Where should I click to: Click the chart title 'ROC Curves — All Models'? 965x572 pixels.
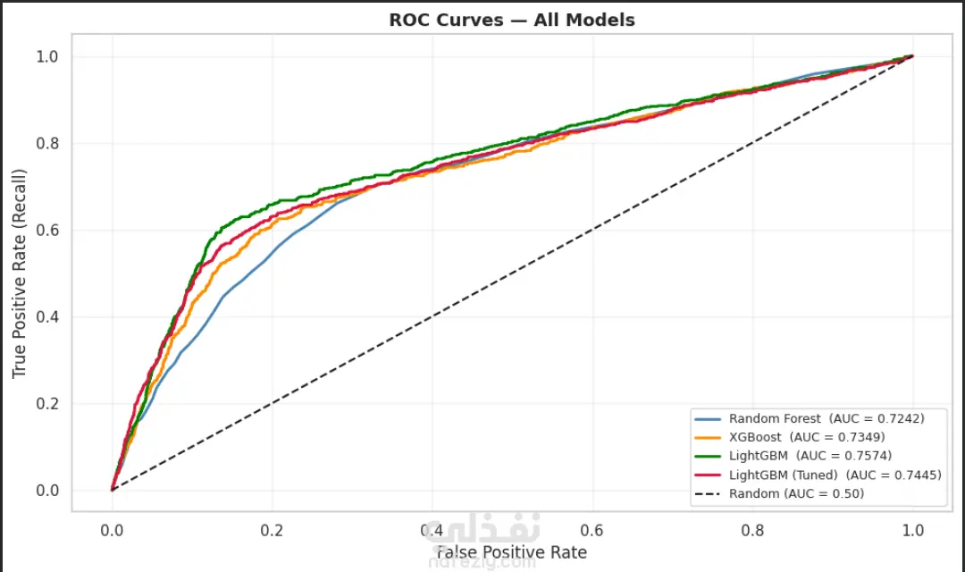click(511, 20)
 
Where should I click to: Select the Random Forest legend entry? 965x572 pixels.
click(826, 418)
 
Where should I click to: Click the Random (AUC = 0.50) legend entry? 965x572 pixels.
click(796, 493)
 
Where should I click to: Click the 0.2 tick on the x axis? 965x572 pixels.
click(272, 529)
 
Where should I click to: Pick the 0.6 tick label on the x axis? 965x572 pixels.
click(592, 529)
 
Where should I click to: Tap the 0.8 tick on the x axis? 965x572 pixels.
click(753, 529)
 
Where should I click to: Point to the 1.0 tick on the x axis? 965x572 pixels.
click(913, 529)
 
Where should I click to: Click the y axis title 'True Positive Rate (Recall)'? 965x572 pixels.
click(20, 273)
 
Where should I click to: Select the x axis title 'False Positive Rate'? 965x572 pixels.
click(511, 552)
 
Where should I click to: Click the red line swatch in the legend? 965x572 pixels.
click(708, 475)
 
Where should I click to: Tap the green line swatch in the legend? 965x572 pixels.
click(708, 456)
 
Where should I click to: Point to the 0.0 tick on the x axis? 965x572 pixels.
click(112, 529)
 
